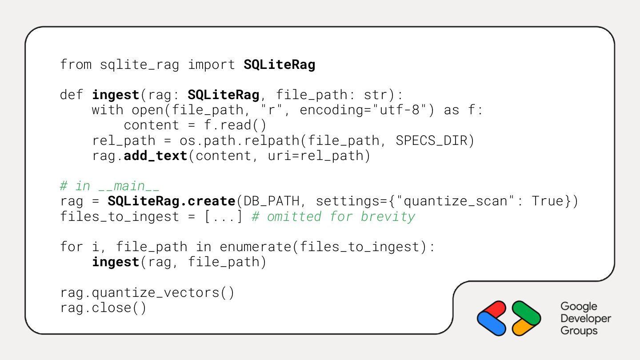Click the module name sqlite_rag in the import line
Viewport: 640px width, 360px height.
(139, 65)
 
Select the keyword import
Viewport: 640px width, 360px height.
(211, 65)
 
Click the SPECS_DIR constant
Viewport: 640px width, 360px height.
(431, 141)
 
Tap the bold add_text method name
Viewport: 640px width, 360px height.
(156, 156)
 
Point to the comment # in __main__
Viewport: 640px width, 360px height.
(110, 186)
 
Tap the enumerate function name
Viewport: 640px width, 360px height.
(255, 247)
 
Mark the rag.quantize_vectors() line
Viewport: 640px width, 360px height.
(147, 293)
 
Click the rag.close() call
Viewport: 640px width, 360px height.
(103, 308)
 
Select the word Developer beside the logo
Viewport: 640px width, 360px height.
(586, 319)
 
